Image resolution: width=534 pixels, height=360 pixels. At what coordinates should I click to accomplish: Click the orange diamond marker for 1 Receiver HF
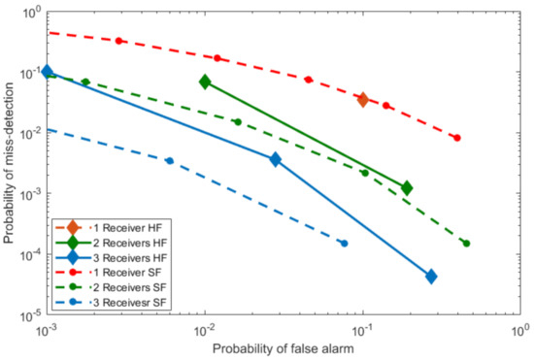click(x=363, y=99)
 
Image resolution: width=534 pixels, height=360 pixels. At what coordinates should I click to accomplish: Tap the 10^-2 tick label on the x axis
click(x=205, y=329)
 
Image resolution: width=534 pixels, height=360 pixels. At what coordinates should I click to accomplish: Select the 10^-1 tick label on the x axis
click(x=363, y=329)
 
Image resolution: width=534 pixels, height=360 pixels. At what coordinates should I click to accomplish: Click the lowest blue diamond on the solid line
click(x=431, y=277)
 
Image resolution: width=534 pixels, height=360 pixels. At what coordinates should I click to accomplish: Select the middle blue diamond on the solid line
click(x=276, y=159)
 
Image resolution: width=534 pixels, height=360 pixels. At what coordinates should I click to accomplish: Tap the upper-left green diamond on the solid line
click(x=205, y=82)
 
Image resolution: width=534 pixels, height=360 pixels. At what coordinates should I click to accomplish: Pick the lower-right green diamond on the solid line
click(x=407, y=187)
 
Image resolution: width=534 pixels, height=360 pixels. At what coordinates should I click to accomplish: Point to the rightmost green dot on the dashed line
click(x=466, y=244)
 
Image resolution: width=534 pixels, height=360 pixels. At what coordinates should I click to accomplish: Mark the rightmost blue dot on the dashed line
click(x=344, y=244)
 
